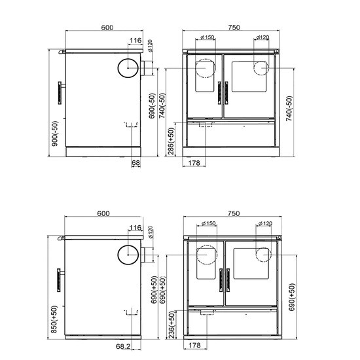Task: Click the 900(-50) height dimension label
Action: click(x=55, y=134)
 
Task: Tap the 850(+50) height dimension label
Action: click(x=54, y=319)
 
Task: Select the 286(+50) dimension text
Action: click(x=171, y=141)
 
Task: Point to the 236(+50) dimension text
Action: click(x=172, y=325)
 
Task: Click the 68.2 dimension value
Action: click(x=123, y=346)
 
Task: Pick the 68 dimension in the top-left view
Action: click(x=135, y=163)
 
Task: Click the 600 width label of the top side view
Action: click(x=107, y=27)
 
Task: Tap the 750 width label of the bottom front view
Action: click(x=234, y=213)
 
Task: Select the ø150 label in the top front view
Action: click(x=207, y=37)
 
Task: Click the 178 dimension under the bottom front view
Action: click(x=194, y=345)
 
